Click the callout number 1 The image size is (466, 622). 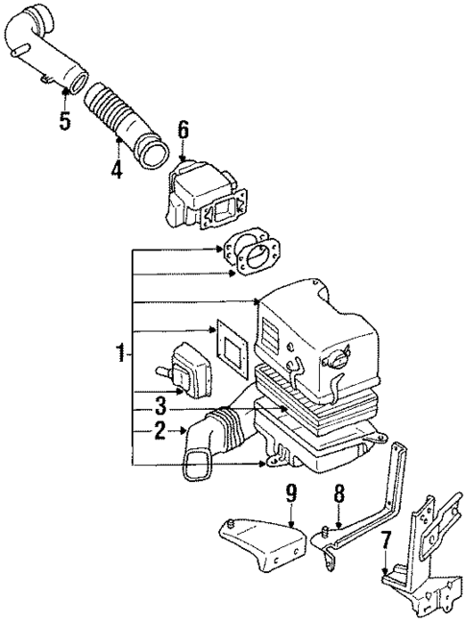120,353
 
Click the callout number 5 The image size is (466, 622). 64,121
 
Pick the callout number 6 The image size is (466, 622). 184,129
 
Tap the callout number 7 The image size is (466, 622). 384,543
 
